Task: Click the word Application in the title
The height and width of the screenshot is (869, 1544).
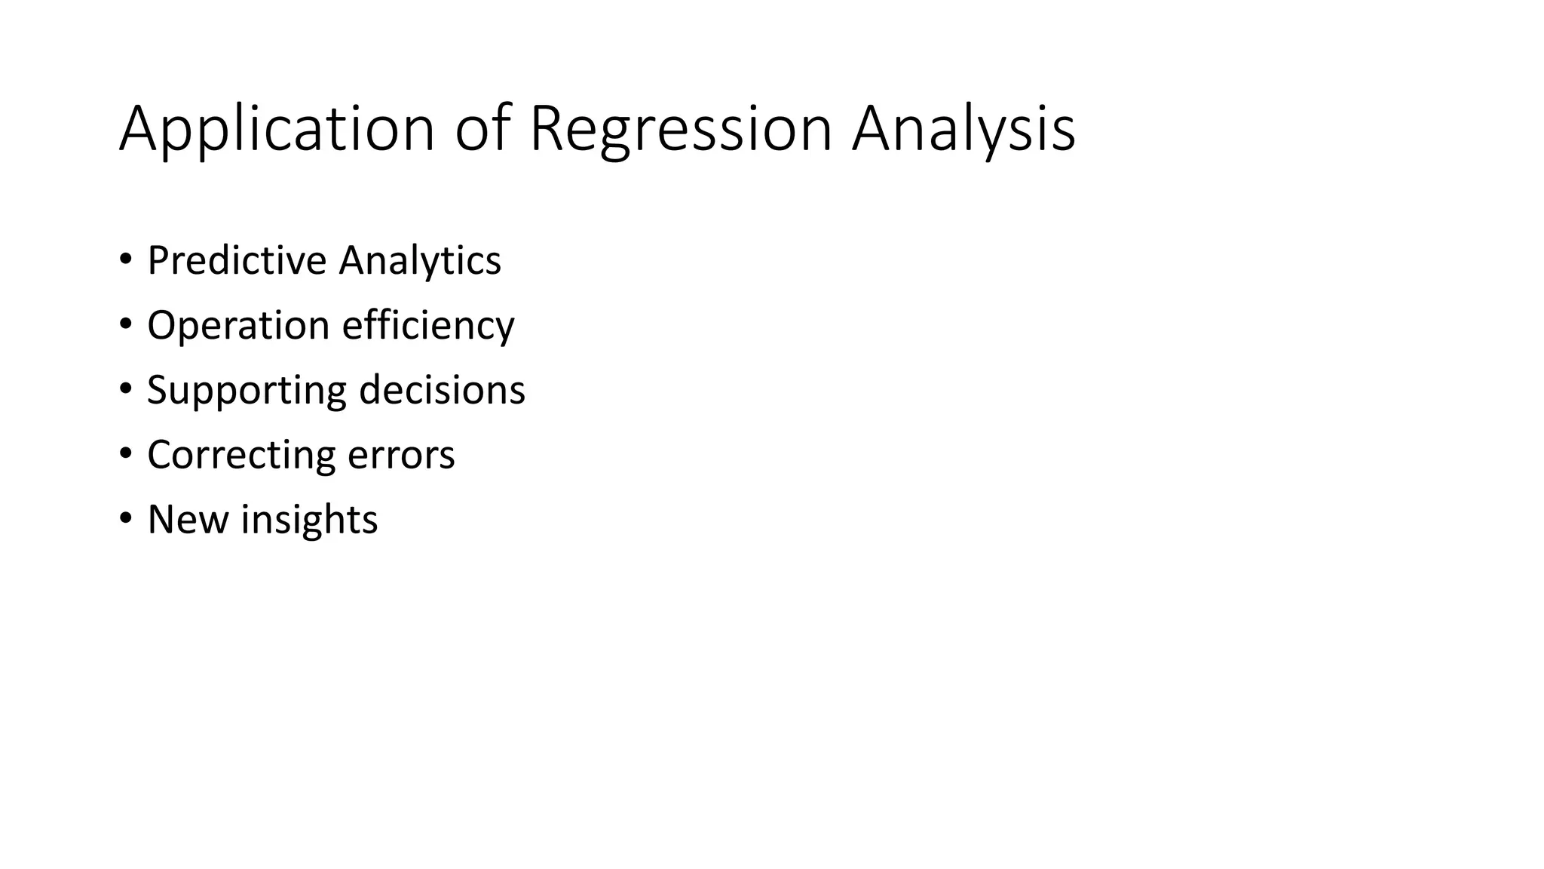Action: (277, 130)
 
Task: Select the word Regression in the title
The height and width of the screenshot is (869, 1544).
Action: (681, 130)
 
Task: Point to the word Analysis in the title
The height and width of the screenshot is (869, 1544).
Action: (963, 130)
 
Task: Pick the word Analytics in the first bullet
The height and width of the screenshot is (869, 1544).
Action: (420, 262)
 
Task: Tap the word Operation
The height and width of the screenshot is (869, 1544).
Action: (238, 327)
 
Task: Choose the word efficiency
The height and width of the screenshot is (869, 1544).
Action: (428, 327)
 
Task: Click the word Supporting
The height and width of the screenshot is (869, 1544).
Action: (247, 392)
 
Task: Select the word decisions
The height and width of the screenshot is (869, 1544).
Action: (442, 390)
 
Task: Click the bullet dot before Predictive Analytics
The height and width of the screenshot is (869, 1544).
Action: (125, 259)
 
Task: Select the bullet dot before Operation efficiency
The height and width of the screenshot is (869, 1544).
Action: (125, 324)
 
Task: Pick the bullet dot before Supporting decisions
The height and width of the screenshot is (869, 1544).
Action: (125, 389)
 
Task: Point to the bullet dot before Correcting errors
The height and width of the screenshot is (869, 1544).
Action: (125, 454)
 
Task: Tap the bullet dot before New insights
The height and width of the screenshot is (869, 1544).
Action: (125, 519)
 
